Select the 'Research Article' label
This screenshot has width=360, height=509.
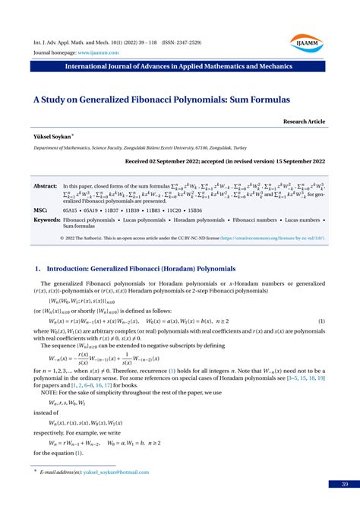pos(305,121)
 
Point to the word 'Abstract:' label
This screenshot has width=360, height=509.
pos(46,185)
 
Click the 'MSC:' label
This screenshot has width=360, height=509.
pos(41,209)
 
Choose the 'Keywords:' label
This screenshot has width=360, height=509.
pos(47,220)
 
